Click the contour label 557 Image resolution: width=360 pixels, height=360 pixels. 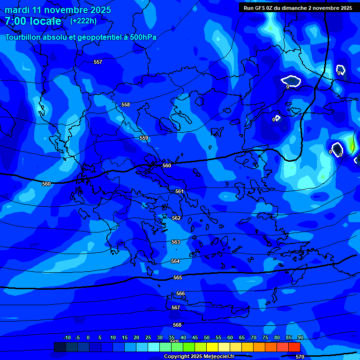(x=97, y=62)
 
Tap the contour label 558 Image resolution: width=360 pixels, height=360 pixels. (x=126, y=105)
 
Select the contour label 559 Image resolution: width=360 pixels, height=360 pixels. (x=144, y=138)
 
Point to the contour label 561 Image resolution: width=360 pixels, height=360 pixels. (x=180, y=192)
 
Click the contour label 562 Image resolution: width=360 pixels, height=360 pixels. (x=176, y=218)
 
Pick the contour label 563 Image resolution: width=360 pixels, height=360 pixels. (x=175, y=242)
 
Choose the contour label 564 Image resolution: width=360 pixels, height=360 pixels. (x=175, y=262)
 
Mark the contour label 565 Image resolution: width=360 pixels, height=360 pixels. (x=178, y=278)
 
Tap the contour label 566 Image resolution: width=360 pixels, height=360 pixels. (x=180, y=294)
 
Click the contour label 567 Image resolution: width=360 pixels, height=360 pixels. (x=176, y=308)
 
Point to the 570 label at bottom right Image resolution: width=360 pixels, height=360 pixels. (x=300, y=357)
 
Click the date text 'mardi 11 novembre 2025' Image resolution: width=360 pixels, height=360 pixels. (x=58, y=10)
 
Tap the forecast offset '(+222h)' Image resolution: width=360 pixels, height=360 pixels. (x=83, y=21)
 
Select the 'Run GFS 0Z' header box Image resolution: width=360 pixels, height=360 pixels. (x=298, y=8)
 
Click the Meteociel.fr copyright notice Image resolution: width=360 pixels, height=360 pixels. (x=199, y=357)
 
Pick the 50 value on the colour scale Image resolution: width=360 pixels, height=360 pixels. (x=207, y=338)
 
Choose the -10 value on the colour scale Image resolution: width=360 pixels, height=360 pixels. (x=67, y=338)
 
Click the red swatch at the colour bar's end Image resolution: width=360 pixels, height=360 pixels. (x=294, y=347)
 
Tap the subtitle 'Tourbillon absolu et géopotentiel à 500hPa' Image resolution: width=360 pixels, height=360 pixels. (x=81, y=37)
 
